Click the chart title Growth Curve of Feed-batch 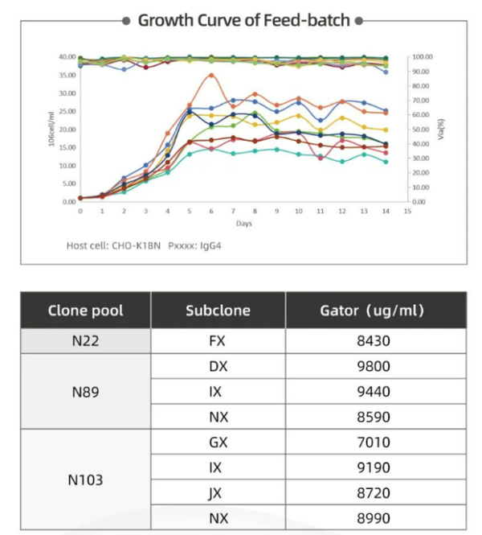(x=244, y=20)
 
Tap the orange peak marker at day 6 (x=211, y=75)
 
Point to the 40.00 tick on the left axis (x=66, y=57)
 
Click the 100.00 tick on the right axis (x=423, y=57)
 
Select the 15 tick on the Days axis (x=407, y=211)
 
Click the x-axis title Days (x=244, y=223)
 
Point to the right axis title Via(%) (x=441, y=129)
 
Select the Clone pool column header (x=85, y=310)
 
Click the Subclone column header (x=218, y=310)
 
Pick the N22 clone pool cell (x=85, y=341)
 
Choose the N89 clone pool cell (x=85, y=392)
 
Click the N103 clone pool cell (x=85, y=480)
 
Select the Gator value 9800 (x=374, y=366)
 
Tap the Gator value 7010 (x=374, y=442)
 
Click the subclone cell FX (x=218, y=341)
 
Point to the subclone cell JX (x=218, y=493)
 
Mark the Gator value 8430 (x=374, y=341)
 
